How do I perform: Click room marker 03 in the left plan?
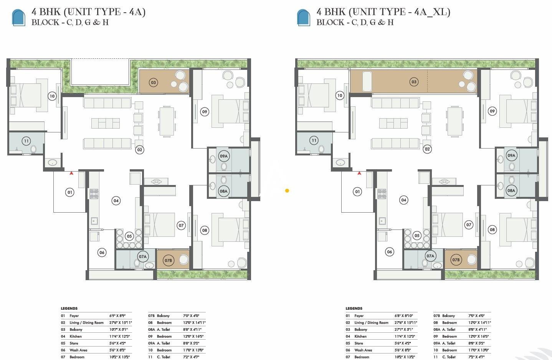[153, 82]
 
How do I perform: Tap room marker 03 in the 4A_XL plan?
[414, 81]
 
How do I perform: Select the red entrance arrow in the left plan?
[71, 173]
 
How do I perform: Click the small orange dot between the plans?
[287, 190]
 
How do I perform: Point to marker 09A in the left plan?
[223, 156]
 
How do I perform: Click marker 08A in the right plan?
[511, 190]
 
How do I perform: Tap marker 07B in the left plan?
[168, 260]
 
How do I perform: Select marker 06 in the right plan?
[389, 252]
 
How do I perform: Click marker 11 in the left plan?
[26, 141]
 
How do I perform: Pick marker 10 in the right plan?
[339, 95]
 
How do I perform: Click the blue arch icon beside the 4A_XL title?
[303, 17]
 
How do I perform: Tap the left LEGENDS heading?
[69, 308]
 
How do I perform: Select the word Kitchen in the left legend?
[76, 336]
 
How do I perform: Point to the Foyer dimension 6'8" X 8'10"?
[403, 315]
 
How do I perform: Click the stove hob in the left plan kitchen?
[94, 194]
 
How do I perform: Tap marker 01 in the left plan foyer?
[69, 192]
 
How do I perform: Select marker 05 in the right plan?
[417, 236]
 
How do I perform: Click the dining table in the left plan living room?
[167, 121]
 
